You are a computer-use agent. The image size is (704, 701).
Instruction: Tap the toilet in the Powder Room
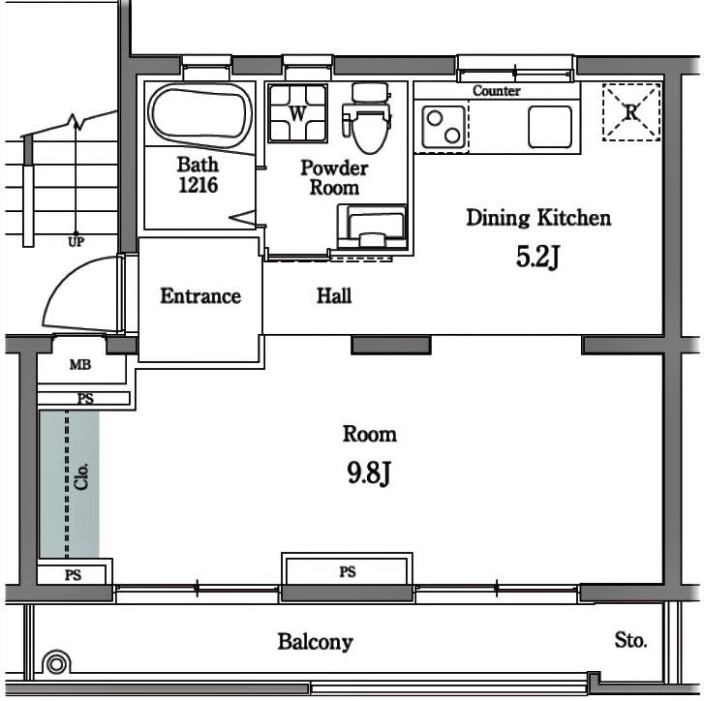(367, 118)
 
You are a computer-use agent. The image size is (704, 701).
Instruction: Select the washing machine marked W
(297, 113)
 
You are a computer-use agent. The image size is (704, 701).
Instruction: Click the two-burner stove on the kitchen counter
(444, 127)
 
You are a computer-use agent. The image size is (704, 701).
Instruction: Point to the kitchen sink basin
(550, 127)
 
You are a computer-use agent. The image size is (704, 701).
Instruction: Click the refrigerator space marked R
(631, 112)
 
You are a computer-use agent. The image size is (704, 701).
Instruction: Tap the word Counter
(497, 91)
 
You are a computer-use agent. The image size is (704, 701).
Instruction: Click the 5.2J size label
(537, 257)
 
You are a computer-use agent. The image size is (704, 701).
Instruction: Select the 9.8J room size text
(369, 473)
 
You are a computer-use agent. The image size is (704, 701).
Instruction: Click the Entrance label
(200, 295)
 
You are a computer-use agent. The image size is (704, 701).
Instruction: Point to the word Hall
(334, 295)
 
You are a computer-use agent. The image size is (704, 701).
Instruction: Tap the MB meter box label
(80, 364)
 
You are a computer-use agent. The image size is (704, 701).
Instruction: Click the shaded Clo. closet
(70, 484)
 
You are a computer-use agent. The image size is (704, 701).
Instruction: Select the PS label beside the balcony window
(348, 571)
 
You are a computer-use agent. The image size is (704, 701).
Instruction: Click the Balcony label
(315, 641)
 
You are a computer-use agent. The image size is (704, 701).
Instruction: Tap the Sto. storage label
(630, 640)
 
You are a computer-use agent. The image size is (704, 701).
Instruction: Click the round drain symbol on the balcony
(56, 663)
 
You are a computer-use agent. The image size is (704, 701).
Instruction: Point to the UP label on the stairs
(76, 242)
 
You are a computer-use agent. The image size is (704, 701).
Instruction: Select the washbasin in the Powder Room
(372, 227)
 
